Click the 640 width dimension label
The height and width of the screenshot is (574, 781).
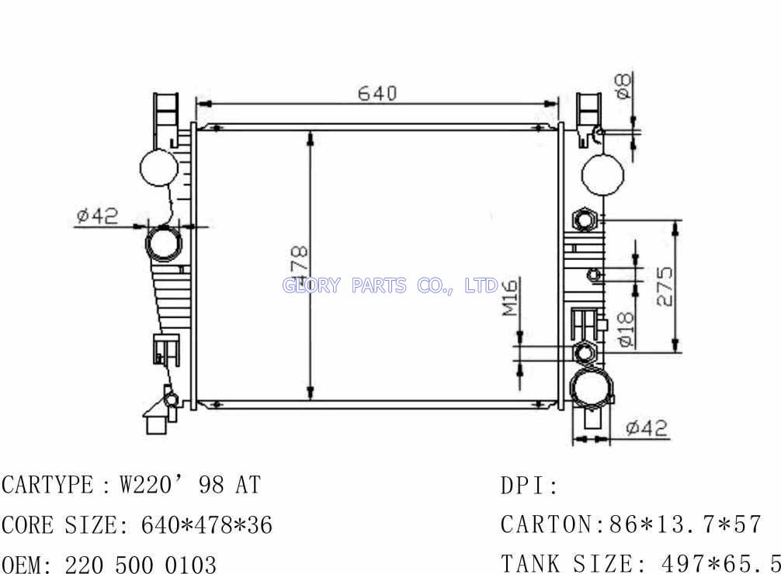tap(377, 93)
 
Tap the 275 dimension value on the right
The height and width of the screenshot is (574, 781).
tap(665, 286)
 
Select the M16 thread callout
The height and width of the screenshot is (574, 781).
tap(510, 297)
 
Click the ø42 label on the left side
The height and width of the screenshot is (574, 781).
tap(98, 215)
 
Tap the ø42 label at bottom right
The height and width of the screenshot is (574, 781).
tap(647, 427)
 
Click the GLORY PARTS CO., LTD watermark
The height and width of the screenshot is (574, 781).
tap(390, 285)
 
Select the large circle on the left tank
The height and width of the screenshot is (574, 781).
tap(159, 168)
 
